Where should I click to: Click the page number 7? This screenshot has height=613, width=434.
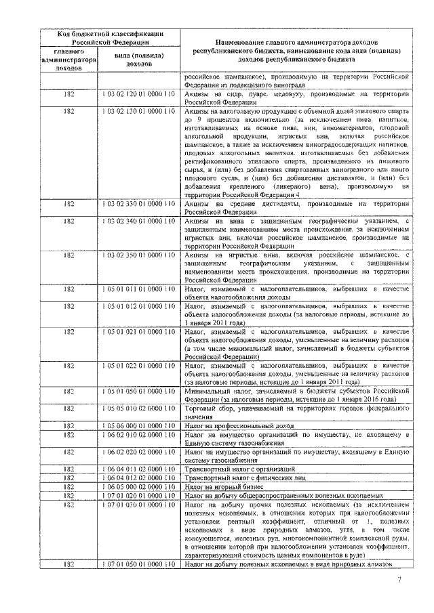(399, 580)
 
